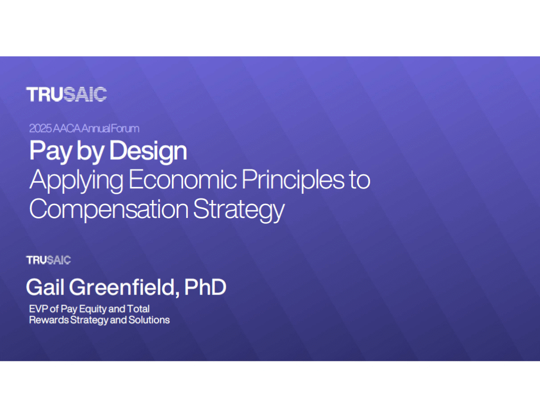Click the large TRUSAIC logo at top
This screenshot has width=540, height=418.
66,94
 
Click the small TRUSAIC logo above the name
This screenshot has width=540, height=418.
49,260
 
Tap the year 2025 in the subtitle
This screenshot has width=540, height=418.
40,129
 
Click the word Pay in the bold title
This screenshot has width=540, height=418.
50,151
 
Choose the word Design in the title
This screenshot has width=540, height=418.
148,151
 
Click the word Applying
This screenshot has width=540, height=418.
76,180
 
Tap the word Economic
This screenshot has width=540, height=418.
182,179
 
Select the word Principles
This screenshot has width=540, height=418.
293,180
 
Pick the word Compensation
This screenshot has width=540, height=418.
109,209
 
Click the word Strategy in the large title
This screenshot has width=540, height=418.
239,209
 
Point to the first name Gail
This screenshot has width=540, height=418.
45,287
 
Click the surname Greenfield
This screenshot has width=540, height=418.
124,287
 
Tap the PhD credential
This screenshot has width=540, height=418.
205,287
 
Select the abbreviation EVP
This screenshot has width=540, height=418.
38,309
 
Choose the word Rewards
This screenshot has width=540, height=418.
49,320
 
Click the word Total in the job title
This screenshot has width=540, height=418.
138,309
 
